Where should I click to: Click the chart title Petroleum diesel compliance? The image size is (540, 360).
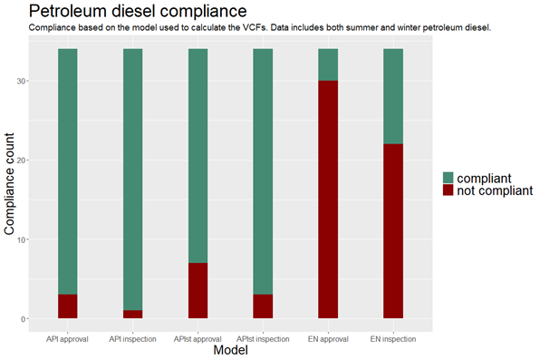coord(138,11)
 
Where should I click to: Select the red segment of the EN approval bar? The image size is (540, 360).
coord(328,199)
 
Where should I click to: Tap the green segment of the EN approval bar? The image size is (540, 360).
coord(328,64)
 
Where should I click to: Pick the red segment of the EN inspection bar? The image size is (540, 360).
coord(393,231)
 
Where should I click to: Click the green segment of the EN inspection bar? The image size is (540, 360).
coord(393,96)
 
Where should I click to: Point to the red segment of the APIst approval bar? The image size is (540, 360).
coord(198,291)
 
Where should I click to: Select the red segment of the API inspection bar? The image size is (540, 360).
coord(133,315)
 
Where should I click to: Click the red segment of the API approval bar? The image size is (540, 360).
coord(67,306)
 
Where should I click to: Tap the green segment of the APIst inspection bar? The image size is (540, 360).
coord(263,171)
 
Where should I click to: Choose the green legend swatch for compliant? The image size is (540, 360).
coord(448,178)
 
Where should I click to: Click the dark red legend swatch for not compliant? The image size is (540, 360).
coord(448,190)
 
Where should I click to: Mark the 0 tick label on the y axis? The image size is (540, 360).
coord(23,319)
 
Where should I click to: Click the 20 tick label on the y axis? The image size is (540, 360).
coord(21,161)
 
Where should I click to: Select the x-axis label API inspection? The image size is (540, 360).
coord(132,339)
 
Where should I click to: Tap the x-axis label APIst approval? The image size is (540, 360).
coord(198,339)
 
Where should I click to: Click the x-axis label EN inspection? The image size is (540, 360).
coord(393,339)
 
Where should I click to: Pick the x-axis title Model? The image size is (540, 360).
coord(231,350)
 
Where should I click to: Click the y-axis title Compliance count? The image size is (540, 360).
coord(9,184)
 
